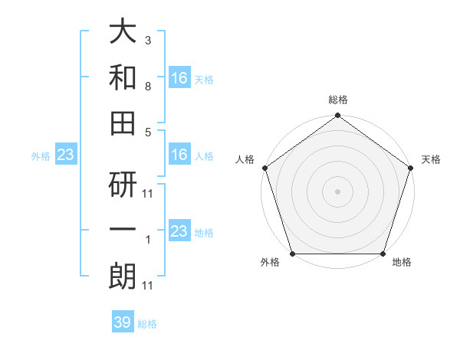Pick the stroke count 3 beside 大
click(147, 38)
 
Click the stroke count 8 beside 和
click(147, 87)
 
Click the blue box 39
click(123, 322)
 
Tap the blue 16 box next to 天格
click(179, 77)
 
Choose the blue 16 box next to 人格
click(179, 155)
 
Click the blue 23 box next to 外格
click(65, 155)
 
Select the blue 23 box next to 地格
click(179, 231)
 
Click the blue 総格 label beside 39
click(147, 324)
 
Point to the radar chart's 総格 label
click(337, 100)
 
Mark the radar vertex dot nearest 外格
click(292, 254)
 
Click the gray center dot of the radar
click(337, 191)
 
